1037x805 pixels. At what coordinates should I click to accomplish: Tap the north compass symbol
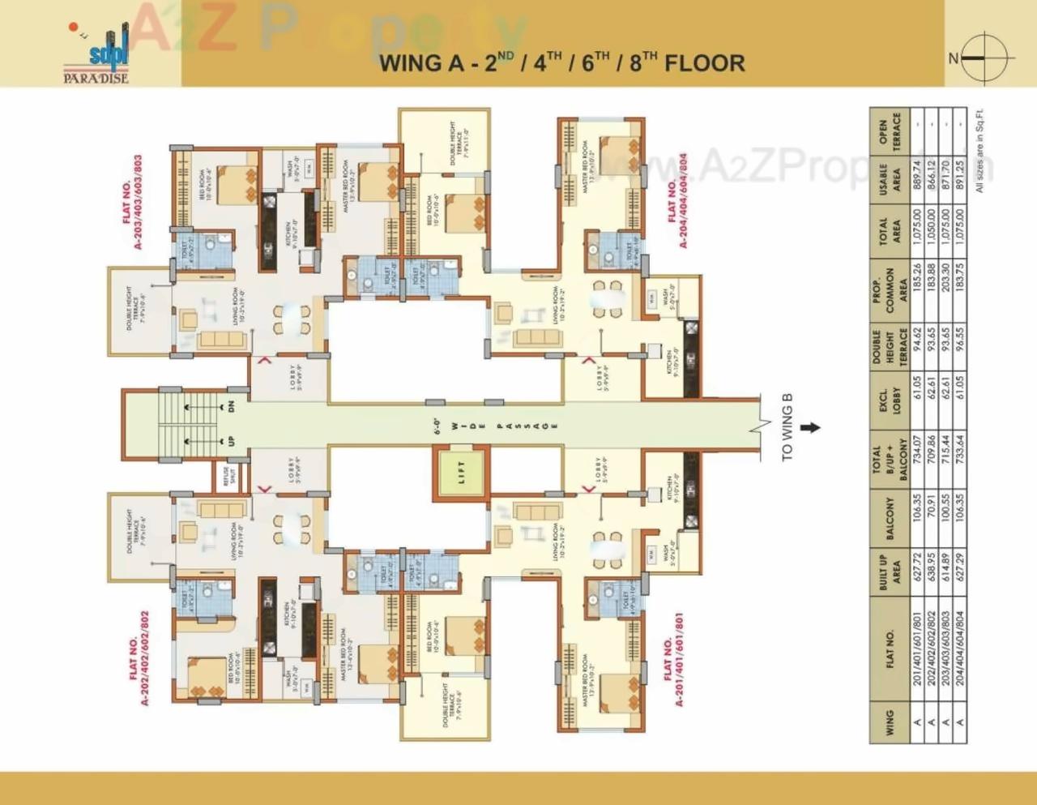point(986,58)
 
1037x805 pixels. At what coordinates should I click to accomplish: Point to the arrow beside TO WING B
point(810,427)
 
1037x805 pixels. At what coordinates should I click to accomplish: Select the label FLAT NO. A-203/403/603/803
point(132,202)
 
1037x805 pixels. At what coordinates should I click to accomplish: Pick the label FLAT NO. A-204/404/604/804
point(677,200)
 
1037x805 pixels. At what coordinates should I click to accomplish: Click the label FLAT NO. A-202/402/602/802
point(139,658)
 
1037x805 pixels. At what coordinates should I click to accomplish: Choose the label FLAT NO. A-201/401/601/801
point(673,658)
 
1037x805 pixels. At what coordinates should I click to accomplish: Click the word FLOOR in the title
point(704,63)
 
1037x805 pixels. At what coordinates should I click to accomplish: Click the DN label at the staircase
point(231,406)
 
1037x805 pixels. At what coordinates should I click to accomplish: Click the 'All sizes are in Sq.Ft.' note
point(979,150)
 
